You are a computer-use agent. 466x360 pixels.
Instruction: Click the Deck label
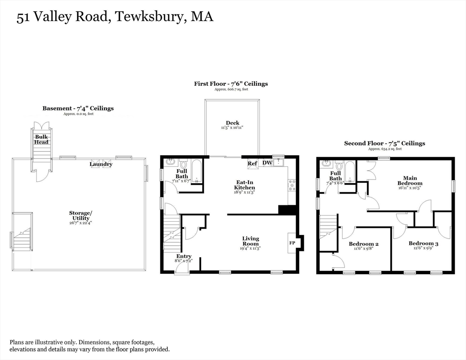click(233, 123)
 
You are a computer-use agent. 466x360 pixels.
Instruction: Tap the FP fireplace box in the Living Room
click(292, 243)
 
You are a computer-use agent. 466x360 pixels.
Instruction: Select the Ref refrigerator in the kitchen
click(253, 164)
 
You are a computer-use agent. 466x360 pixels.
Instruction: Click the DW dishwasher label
click(267, 163)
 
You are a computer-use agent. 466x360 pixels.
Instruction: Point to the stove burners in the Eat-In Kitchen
click(292, 185)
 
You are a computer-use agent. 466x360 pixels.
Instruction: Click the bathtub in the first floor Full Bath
click(196, 172)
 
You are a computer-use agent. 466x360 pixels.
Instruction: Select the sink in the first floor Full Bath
click(171, 163)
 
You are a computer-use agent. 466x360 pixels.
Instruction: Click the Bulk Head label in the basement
click(41, 139)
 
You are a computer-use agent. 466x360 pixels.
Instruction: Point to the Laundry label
click(101, 164)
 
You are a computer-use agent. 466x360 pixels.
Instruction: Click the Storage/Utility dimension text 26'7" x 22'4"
click(81, 223)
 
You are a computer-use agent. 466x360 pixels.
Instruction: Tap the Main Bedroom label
click(410, 180)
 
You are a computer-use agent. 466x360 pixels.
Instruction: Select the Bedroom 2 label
click(363, 244)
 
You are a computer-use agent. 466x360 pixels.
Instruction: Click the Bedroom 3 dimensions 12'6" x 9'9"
click(423, 248)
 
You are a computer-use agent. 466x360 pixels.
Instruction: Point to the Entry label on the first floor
click(184, 256)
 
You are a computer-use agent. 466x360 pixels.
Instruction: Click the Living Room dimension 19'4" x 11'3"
click(250, 248)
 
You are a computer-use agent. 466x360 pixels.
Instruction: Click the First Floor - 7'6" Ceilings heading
click(231, 84)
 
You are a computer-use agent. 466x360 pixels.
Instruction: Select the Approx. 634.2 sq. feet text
click(385, 149)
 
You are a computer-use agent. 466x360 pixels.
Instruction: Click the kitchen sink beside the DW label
click(278, 163)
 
